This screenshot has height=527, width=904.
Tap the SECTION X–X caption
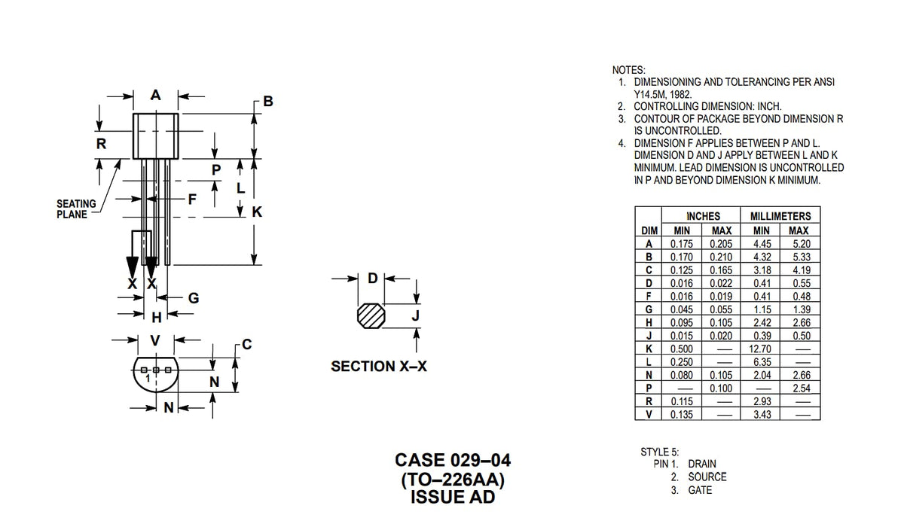tap(379, 367)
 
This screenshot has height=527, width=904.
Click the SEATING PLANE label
tap(76, 209)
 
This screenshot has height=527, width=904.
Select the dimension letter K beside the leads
tap(257, 213)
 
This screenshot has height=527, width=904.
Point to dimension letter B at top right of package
tap(268, 102)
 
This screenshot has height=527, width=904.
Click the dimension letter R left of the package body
tap(100, 143)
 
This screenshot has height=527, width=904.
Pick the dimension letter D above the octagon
tap(372, 279)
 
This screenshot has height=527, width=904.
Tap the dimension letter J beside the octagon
tap(415, 316)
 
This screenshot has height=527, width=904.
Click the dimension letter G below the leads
tap(193, 298)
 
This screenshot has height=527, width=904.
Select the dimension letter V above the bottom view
tap(154, 340)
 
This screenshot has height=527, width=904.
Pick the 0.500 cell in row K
tap(681, 349)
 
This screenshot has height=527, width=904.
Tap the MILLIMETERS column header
tap(780, 216)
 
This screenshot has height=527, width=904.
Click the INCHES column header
tap(702, 216)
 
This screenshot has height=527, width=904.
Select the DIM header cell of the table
tap(648, 230)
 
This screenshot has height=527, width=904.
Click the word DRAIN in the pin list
tap(702, 464)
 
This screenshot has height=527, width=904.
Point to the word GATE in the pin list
tap(699, 490)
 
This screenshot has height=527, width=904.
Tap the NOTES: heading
tap(628, 69)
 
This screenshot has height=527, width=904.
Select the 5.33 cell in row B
tap(800, 257)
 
